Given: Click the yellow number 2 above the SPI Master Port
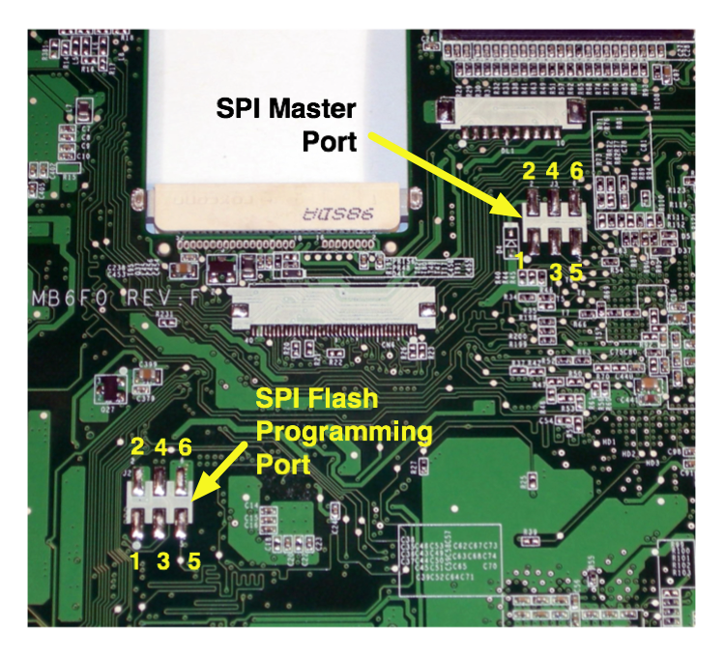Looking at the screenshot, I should pyautogui.click(x=529, y=172).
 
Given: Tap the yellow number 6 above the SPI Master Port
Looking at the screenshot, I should pyautogui.click(x=576, y=172).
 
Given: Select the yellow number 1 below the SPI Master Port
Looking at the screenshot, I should pyautogui.click(x=520, y=259).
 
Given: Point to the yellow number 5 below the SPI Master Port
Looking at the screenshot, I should pyautogui.click(x=576, y=271).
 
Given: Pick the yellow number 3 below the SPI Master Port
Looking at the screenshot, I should pyautogui.click(x=555, y=271).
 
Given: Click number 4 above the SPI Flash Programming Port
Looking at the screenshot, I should pyautogui.click(x=160, y=446).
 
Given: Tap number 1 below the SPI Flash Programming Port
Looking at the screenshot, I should pyautogui.click(x=136, y=557).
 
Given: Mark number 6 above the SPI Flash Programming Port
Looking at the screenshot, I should pyautogui.click(x=185, y=446).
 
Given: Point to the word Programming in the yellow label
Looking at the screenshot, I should pyautogui.click(x=343, y=431).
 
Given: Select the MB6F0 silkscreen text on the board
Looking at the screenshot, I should pyautogui.click(x=73, y=299).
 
